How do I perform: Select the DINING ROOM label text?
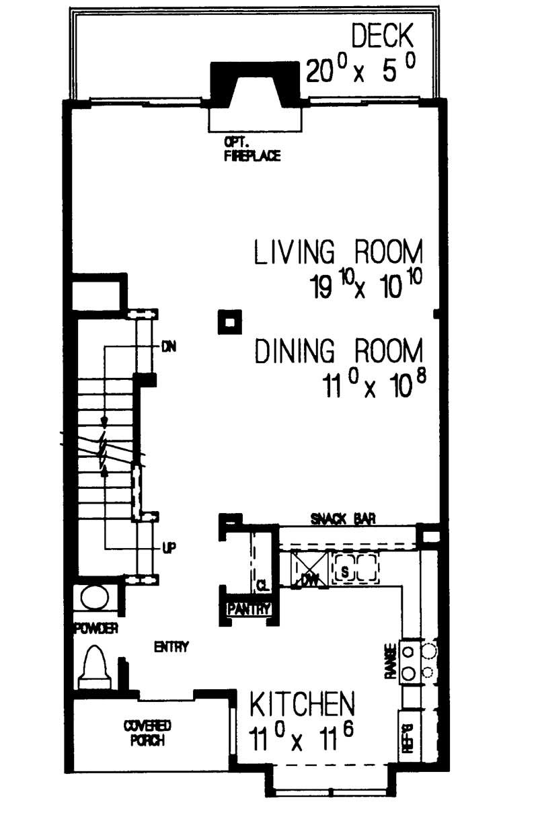pos(339,352)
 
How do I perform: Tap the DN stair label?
pos(168,348)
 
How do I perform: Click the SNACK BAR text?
pos(342,518)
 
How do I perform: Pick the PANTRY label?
pos(249,609)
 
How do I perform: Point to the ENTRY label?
pos(171,648)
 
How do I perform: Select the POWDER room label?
pos(96,629)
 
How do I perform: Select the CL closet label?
pos(262,586)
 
